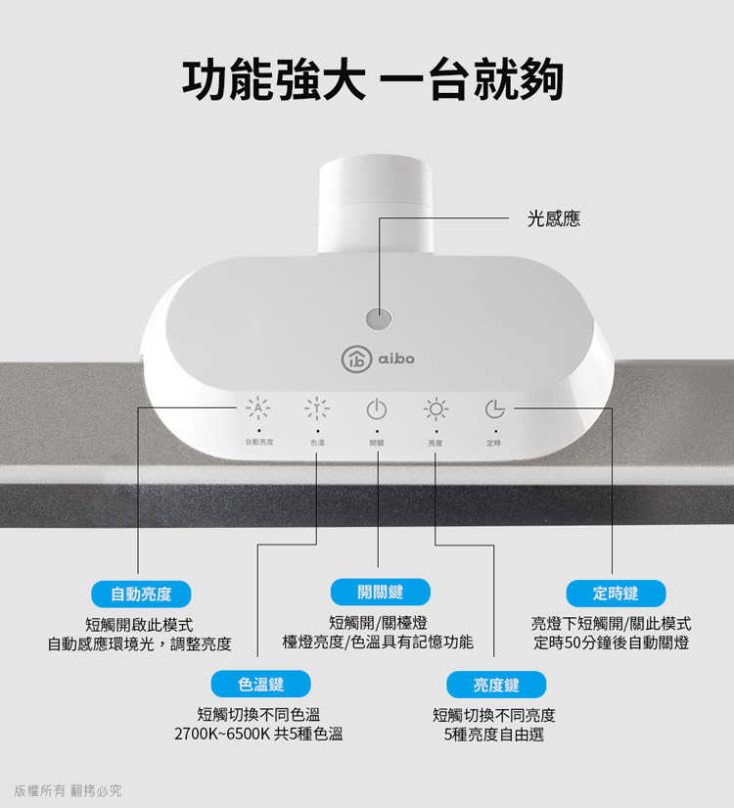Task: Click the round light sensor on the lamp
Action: (x=377, y=318)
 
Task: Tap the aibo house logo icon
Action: (x=353, y=359)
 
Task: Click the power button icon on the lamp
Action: (x=377, y=408)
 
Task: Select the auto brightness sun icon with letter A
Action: (x=258, y=408)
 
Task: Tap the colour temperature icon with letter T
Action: (x=316, y=408)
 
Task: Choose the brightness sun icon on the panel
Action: (x=436, y=408)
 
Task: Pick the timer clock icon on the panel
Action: (x=495, y=408)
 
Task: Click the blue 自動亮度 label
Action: (x=141, y=594)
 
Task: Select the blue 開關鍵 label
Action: (x=380, y=591)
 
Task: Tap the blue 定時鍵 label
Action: (x=616, y=594)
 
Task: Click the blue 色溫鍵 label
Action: (x=260, y=684)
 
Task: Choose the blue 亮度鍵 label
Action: (x=496, y=685)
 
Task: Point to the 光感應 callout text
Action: (x=553, y=219)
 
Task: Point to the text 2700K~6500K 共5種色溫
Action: (x=258, y=735)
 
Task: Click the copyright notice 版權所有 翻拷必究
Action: (x=68, y=790)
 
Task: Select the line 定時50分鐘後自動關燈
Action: (x=612, y=643)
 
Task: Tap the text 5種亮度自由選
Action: (x=493, y=735)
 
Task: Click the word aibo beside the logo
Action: (x=396, y=359)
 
